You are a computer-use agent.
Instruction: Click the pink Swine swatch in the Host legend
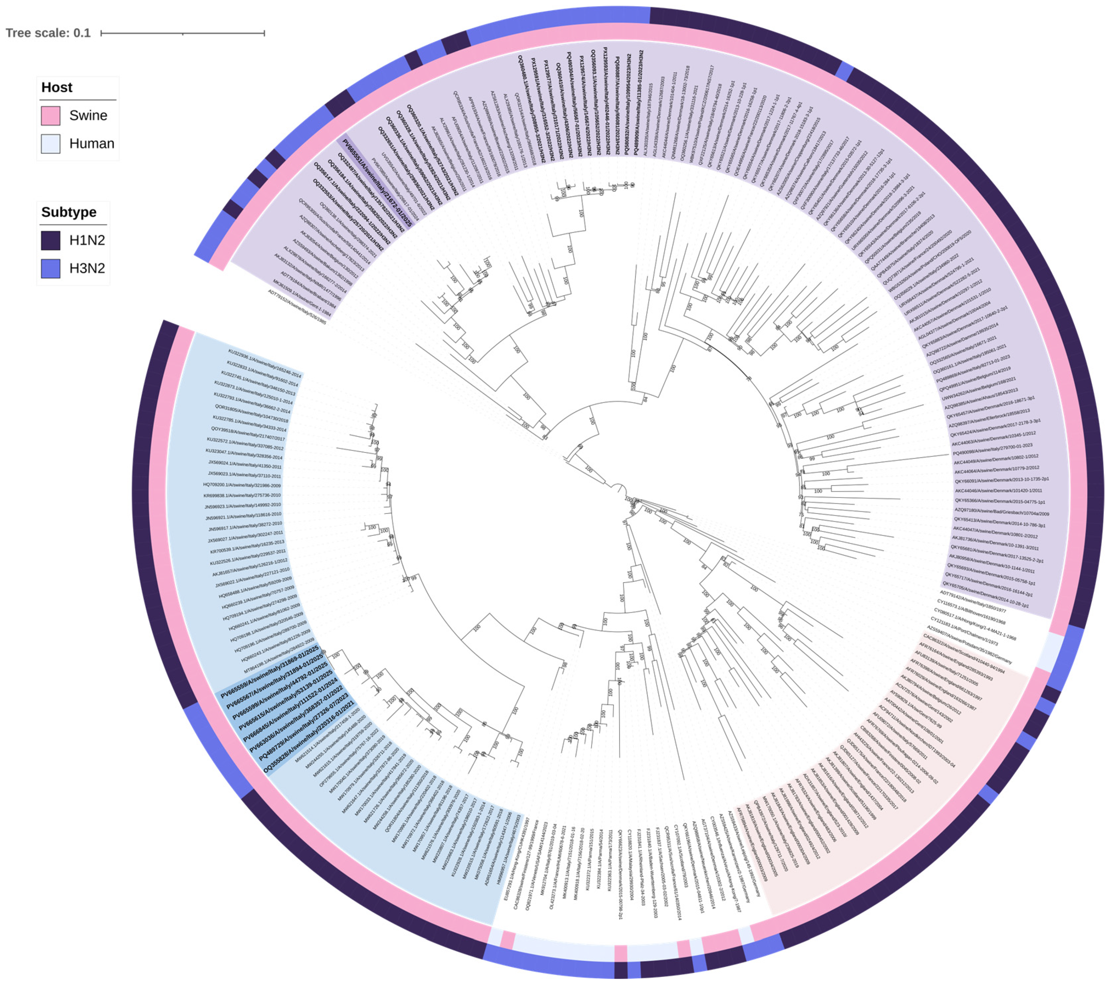tap(50, 115)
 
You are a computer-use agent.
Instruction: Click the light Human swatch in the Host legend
tap(50, 144)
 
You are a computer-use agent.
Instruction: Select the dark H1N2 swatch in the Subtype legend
tap(50, 240)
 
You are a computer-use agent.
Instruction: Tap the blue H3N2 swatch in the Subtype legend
tap(50, 268)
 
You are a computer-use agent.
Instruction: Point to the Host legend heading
tap(57, 88)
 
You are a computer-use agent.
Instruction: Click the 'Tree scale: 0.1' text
tap(48, 33)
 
